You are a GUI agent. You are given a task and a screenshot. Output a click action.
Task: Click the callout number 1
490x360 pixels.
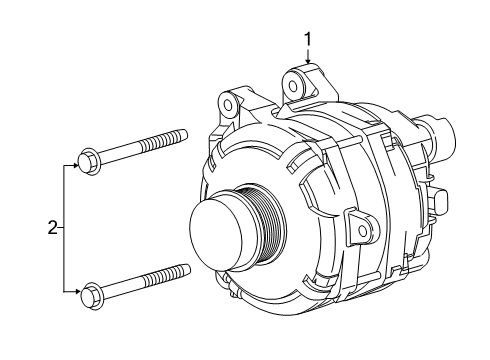[309, 39]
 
